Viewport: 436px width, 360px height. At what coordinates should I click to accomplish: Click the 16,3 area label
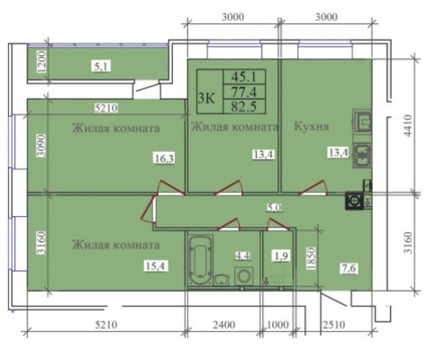pyautogui.click(x=164, y=157)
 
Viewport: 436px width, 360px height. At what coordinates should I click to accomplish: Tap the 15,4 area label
pyautogui.click(x=156, y=265)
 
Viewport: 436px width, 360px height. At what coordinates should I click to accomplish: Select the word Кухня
pyautogui.click(x=312, y=127)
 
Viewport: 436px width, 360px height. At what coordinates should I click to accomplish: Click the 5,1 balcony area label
pyautogui.click(x=101, y=66)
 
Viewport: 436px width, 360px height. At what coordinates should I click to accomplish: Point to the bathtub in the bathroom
pyautogui.click(x=201, y=259)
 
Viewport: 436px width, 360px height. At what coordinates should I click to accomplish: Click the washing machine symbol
pyautogui.click(x=243, y=276)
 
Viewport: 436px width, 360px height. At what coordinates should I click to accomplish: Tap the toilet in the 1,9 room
pyautogui.click(x=277, y=274)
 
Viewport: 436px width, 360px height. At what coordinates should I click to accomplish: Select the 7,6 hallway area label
pyautogui.click(x=349, y=267)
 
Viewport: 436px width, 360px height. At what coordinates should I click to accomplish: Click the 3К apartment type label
pyautogui.click(x=206, y=97)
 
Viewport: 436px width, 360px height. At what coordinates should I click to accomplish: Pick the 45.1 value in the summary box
pyautogui.click(x=243, y=76)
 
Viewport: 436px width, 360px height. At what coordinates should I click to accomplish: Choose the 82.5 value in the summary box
pyautogui.click(x=243, y=107)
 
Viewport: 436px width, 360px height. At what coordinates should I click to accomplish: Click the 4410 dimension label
pyautogui.click(x=408, y=126)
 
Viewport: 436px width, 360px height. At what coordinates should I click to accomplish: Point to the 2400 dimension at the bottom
pyautogui.click(x=224, y=325)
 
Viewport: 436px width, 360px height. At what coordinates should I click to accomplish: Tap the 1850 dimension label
pyautogui.click(x=311, y=258)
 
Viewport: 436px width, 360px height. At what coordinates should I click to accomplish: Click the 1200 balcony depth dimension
pyautogui.click(x=42, y=62)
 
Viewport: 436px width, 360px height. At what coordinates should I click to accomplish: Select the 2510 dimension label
pyautogui.click(x=333, y=325)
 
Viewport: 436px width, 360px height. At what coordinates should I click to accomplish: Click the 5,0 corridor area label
pyautogui.click(x=275, y=207)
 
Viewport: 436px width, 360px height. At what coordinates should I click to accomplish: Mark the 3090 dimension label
pyautogui.click(x=41, y=146)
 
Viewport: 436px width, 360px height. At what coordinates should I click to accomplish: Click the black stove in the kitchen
pyautogui.click(x=354, y=201)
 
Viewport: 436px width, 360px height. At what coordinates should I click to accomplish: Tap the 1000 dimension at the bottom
pyautogui.click(x=278, y=325)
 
